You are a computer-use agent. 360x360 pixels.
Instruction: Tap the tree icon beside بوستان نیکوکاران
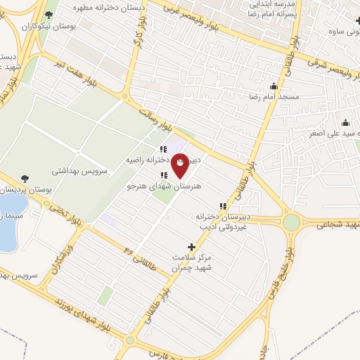click(x=49, y=15)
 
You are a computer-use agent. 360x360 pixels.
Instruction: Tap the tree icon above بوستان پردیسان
click(x=25, y=178)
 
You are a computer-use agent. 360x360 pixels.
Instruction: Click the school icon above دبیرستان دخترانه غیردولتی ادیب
click(x=223, y=206)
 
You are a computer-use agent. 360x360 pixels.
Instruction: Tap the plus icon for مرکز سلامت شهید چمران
click(x=192, y=247)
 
